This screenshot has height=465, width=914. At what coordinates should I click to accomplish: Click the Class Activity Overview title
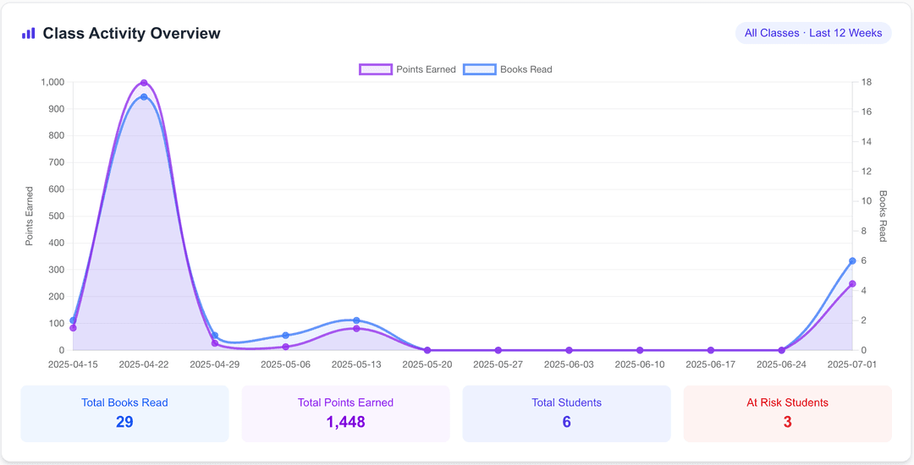pyautogui.click(x=131, y=34)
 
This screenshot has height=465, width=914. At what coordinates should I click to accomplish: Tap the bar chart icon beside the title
pyautogui.click(x=29, y=34)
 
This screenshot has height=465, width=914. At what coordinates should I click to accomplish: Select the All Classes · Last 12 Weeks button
pyautogui.click(x=813, y=33)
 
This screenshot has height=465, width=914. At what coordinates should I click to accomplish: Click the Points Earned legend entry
pyautogui.click(x=408, y=69)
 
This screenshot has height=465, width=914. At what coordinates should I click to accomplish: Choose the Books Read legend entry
pyautogui.click(x=508, y=69)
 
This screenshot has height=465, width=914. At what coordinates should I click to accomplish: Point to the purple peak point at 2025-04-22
pyautogui.click(x=144, y=83)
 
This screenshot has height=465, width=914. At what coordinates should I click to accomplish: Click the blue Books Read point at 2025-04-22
pyautogui.click(x=144, y=97)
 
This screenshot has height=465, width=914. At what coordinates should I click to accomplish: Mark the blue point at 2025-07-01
pyautogui.click(x=852, y=261)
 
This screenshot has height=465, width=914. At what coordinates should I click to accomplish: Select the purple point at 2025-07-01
pyautogui.click(x=852, y=284)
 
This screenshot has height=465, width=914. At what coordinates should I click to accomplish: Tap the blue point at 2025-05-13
pyautogui.click(x=356, y=320)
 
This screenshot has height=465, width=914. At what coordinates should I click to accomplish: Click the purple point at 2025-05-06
pyautogui.click(x=285, y=347)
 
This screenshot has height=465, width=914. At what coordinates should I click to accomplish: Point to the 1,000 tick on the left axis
pyautogui.click(x=52, y=82)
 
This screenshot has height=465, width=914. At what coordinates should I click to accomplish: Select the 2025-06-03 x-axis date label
pyautogui.click(x=569, y=364)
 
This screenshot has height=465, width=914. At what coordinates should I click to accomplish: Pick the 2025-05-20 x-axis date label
pyautogui.click(x=427, y=364)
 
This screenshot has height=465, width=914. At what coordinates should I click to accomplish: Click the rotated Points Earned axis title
pyautogui.click(x=30, y=216)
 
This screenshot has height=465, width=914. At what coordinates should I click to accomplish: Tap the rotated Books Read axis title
pyautogui.click(x=884, y=216)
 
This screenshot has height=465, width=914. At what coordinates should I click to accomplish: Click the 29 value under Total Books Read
pyautogui.click(x=124, y=422)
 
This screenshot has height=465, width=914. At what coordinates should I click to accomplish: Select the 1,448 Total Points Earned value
pyautogui.click(x=345, y=422)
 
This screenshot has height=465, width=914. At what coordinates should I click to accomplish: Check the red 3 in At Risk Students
pyautogui.click(x=787, y=422)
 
